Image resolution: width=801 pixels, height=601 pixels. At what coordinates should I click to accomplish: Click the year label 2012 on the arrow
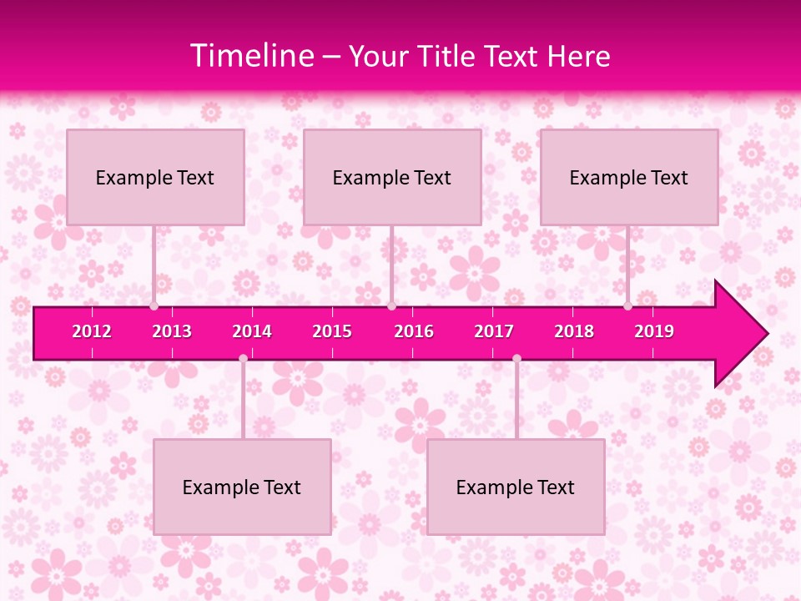(x=92, y=331)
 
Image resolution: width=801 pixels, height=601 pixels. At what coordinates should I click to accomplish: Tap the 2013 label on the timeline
(x=172, y=331)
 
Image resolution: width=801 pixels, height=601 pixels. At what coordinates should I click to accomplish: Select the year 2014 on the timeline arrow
(x=252, y=331)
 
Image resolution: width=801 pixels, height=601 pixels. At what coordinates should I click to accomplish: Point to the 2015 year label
(x=332, y=331)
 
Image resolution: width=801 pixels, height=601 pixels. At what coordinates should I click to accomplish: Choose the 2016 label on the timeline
(x=414, y=331)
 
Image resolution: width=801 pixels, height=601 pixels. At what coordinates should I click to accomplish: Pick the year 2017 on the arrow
(x=494, y=331)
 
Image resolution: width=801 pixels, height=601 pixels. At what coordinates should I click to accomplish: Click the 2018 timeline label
(x=574, y=331)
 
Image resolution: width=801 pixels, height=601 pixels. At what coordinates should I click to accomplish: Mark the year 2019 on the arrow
(x=654, y=331)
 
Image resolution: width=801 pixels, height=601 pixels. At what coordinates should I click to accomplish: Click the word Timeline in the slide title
(x=251, y=56)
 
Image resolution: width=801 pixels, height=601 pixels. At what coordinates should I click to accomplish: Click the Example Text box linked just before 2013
(x=155, y=177)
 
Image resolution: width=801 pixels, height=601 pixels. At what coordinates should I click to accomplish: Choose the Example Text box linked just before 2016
(x=392, y=177)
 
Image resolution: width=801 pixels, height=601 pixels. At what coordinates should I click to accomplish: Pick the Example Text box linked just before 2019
(x=629, y=177)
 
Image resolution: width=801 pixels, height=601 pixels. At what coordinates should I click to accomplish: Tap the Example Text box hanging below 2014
(x=242, y=487)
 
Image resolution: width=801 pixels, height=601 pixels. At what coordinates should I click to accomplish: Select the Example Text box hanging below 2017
(x=516, y=487)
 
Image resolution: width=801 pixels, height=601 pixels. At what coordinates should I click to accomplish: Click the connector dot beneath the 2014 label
(x=243, y=358)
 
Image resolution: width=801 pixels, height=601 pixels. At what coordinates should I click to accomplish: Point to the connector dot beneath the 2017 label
(x=516, y=358)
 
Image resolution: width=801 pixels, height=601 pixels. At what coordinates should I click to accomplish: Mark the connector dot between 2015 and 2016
(x=391, y=306)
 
